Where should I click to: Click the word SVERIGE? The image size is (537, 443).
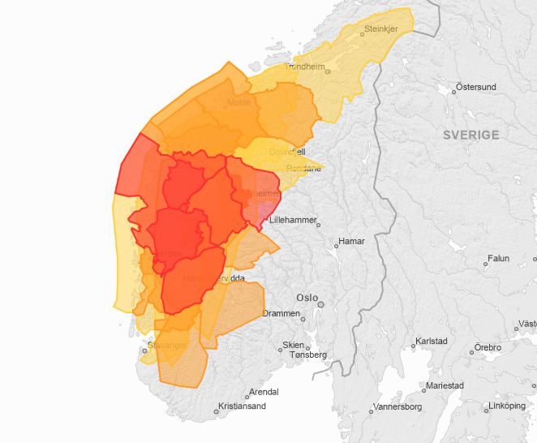(x=470, y=135)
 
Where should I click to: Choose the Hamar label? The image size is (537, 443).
(x=352, y=241)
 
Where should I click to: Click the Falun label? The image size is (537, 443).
(x=497, y=259)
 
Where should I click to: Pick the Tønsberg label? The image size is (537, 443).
(x=307, y=355)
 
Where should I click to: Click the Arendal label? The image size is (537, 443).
(x=263, y=391)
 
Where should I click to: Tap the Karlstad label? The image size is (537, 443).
(x=432, y=341)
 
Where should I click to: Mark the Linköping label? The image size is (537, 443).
(x=508, y=406)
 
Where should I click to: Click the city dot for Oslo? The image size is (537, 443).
(x=321, y=305)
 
